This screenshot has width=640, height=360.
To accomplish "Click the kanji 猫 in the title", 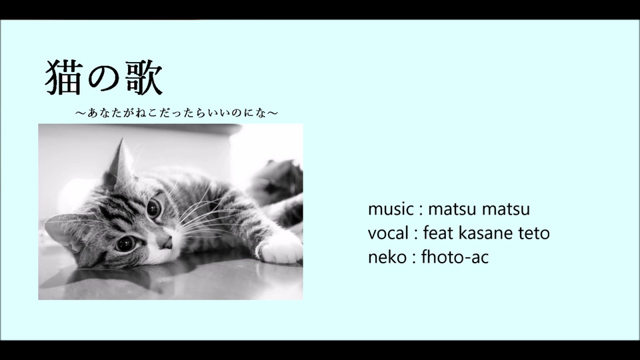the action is pos(63,77).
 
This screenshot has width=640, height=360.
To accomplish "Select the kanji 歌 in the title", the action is pos(144,77).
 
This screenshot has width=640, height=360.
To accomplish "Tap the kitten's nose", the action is pos(167,243).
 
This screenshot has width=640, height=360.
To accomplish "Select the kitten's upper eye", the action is pos(154,208).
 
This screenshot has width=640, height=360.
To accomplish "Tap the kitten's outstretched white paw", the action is pos(281,249).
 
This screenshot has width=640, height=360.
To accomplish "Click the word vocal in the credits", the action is pos(388,233).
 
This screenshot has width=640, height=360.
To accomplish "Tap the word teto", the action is pos(534,233).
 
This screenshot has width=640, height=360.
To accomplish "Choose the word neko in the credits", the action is pos(387,257).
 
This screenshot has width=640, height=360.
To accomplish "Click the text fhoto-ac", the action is pos(455,257).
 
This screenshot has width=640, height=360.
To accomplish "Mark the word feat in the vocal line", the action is pos(438,233).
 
